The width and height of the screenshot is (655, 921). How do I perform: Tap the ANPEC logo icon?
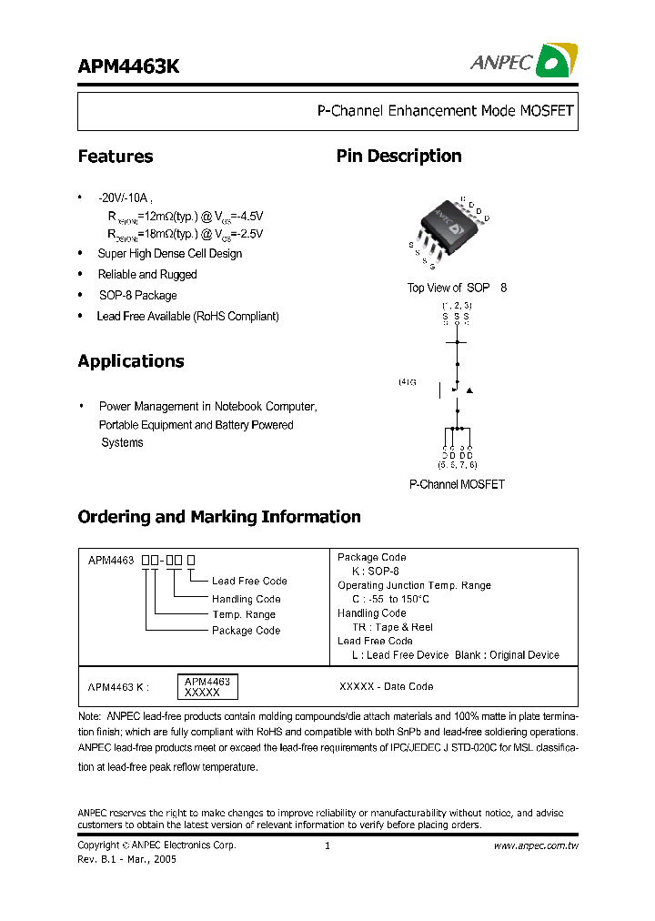[x=553, y=61]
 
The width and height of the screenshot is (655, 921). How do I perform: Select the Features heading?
[x=116, y=157]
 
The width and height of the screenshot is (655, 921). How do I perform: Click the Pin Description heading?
[x=398, y=157]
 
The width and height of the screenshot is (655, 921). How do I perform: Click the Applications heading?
[x=131, y=361]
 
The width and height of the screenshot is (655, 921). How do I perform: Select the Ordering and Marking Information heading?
[x=219, y=517]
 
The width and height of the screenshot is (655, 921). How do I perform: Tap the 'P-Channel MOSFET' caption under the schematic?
[x=457, y=485]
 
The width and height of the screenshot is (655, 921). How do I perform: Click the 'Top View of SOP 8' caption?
[x=457, y=288]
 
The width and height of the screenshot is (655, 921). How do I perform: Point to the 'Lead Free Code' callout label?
[x=249, y=581]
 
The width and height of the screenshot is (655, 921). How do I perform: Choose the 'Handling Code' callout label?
[x=246, y=599]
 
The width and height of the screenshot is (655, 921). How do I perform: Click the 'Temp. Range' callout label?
[x=244, y=614]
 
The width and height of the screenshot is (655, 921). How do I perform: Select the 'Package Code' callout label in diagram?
[x=246, y=630]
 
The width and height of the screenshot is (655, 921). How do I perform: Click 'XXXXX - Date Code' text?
[x=386, y=686]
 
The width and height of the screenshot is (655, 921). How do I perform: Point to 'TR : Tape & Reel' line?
[x=392, y=627]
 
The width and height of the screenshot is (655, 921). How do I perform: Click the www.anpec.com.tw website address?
[x=536, y=845]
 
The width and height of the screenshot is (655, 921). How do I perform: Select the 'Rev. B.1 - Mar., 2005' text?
[x=127, y=859]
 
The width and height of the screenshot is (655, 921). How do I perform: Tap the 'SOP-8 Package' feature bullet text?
[x=137, y=295]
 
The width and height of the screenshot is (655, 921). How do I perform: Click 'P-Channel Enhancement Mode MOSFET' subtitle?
[x=445, y=111]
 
